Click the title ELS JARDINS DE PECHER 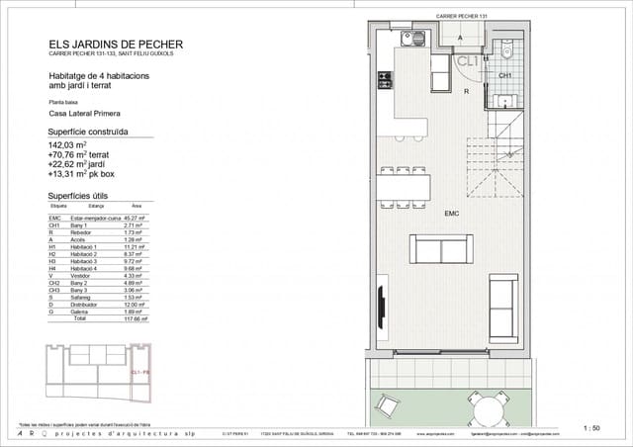(x=115, y=44)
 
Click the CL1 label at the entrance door (x=466, y=60)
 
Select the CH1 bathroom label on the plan (x=503, y=75)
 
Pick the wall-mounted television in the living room (x=380, y=304)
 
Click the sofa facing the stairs (x=445, y=248)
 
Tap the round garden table (x=484, y=408)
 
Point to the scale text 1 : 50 (x=592, y=427)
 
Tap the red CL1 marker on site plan (x=138, y=372)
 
